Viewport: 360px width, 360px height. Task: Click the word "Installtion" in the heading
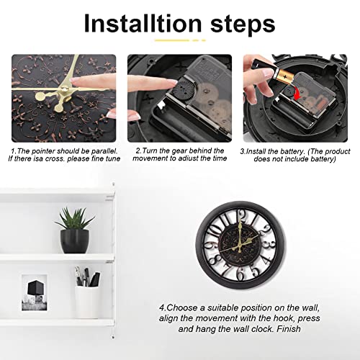[x=143, y=23]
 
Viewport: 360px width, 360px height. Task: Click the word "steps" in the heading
[x=243, y=24]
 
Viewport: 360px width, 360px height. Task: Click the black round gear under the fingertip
[x=182, y=90]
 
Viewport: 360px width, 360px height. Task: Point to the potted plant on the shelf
[x=75, y=230]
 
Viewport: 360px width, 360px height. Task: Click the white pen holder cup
[x=86, y=302]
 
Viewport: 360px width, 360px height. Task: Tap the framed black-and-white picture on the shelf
[x=35, y=293]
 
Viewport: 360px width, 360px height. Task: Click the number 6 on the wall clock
[x=240, y=273]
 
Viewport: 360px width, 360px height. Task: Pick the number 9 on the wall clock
[x=208, y=246]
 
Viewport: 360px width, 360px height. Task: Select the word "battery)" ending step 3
[x=323, y=159]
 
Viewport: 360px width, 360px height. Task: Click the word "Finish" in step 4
[x=289, y=328]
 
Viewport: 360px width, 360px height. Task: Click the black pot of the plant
[x=75, y=241]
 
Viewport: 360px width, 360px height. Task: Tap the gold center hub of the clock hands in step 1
[x=64, y=90]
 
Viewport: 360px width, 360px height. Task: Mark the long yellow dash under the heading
[x=172, y=40]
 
